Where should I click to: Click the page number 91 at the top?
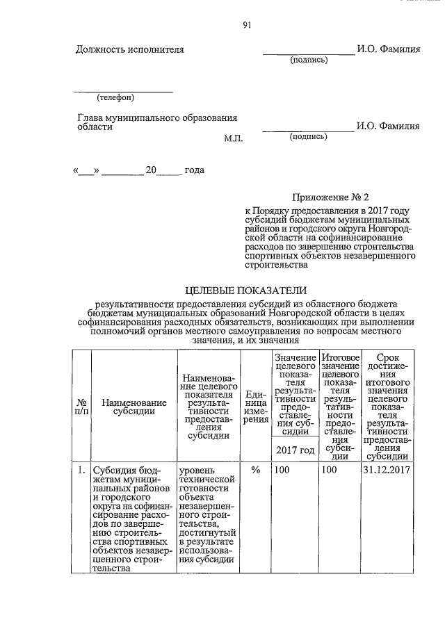[246, 26]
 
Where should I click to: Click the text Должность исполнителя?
[130, 49]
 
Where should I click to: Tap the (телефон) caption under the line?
[115, 97]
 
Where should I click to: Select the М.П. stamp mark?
[233, 138]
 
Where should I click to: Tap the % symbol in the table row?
[255, 471]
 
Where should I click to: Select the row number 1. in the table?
[81, 471]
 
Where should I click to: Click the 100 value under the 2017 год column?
[282, 471]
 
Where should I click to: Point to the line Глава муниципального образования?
[157, 118]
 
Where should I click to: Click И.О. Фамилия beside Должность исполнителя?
[387, 49]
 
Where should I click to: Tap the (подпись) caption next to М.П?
[308, 137]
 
